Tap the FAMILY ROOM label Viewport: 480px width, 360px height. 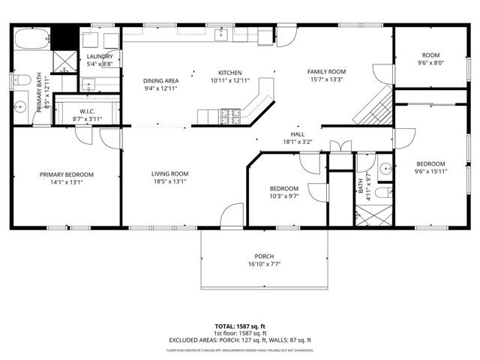pos(326,72)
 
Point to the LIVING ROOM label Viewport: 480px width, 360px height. pos(169,174)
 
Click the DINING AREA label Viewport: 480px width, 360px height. pos(161,80)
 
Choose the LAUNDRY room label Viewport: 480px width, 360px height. pos(100,56)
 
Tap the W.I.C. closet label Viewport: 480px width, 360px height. pos(86,111)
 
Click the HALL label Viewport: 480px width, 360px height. pos(298,133)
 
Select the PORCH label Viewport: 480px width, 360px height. pos(264,256)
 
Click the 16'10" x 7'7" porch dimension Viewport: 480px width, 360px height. pos(264,264)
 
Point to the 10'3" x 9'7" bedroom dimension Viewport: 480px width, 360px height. pos(284,196)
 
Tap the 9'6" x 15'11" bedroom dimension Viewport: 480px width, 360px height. pos(431,172)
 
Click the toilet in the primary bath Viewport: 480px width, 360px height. pos(22,79)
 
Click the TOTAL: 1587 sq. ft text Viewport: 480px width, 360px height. pos(240,327)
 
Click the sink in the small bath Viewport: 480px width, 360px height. pos(385,169)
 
